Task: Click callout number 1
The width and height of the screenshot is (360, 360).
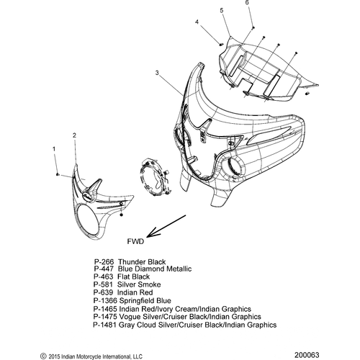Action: [54, 149]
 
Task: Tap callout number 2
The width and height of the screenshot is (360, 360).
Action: [74, 135]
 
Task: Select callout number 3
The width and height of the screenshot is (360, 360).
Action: [157, 73]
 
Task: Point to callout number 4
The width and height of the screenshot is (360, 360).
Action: [197, 22]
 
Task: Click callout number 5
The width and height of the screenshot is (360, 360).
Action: [222, 10]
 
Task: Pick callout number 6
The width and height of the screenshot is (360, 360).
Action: [247, 2]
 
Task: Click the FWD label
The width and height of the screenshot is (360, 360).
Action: [135, 241]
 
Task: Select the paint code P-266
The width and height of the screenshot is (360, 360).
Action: [104, 261]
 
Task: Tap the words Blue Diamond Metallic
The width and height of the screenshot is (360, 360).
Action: [155, 269]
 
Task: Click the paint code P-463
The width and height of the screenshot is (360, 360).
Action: [103, 276]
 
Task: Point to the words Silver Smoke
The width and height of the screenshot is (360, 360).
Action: [139, 284]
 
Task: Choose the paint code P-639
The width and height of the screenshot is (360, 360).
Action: [103, 292]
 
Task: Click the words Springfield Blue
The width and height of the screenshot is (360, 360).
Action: [145, 301]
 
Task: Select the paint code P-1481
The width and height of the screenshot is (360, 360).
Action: [105, 325]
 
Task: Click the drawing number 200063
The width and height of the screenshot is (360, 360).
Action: [307, 355]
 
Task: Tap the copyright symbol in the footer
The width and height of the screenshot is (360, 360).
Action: [43, 356]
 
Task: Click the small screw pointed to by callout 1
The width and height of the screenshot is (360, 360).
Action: [58, 174]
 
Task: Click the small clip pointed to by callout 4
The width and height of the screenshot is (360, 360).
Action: [222, 44]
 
